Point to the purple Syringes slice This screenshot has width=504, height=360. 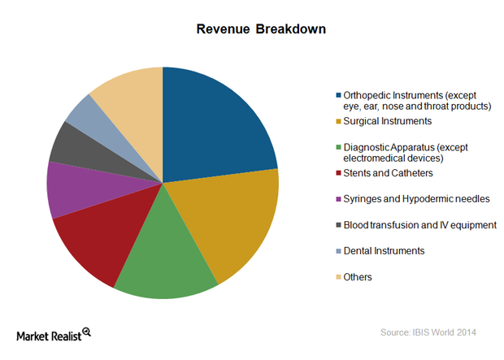(x=72, y=189)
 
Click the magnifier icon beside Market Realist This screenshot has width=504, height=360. (x=85, y=332)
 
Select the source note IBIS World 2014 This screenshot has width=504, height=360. (x=432, y=332)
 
